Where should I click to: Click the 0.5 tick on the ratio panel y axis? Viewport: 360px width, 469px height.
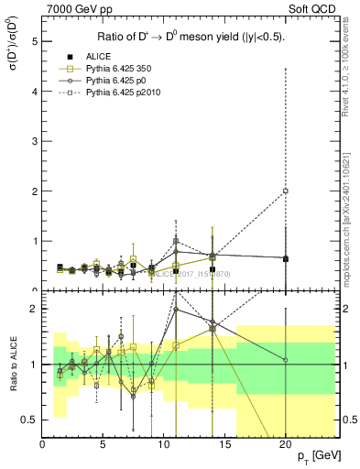pyautogui.click(x=30, y=420)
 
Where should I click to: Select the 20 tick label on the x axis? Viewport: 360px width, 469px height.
pyautogui.click(x=286, y=443)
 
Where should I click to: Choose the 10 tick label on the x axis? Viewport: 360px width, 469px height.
pyautogui.click(x=164, y=443)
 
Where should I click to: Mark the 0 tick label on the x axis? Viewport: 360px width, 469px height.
pyautogui.click(x=43, y=443)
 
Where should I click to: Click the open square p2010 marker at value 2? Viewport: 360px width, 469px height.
pyautogui.click(x=286, y=191)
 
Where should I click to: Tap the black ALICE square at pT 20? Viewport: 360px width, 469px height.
pyautogui.click(x=286, y=258)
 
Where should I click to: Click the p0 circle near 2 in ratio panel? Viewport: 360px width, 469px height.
pyautogui.click(x=176, y=309)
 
